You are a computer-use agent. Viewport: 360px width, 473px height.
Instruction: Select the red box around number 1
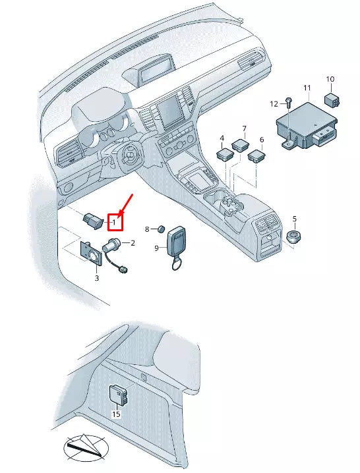coord(115,222)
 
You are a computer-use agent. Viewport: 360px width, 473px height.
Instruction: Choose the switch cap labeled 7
coord(240,144)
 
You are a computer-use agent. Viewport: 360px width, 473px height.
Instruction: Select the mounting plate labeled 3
coord(91,253)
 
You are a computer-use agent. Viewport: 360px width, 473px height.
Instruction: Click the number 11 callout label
coord(307,88)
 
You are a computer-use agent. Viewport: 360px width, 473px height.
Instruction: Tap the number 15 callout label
coord(116,414)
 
